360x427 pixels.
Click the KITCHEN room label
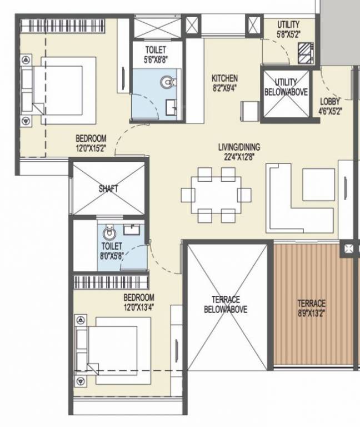(x=224, y=78)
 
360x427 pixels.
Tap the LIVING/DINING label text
(x=239, y=147)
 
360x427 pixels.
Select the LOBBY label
(x=331, y=101)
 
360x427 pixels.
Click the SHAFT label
(x=108, y=188)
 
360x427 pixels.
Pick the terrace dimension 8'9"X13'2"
(x=311, y=312)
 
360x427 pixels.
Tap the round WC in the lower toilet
(x=109, y=233)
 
